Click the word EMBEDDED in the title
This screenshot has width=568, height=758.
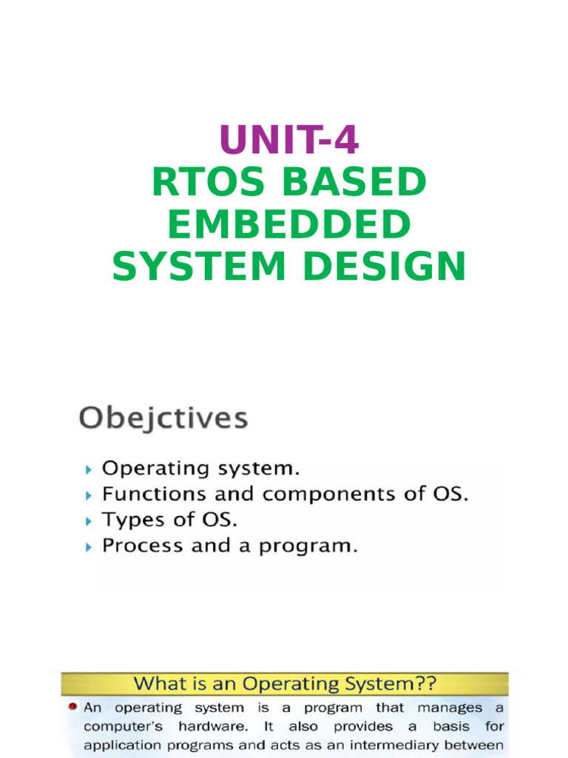click(x=288, y=225)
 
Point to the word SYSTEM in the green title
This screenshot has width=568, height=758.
click(x=199, y=267)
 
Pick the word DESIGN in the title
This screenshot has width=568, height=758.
click(x=383, y=267)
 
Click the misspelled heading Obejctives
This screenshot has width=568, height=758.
click(x=163, y=419)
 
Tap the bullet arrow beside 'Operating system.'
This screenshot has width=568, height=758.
click(x=89, y=469)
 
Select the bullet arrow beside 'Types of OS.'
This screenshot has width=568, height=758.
click(x=89, y=521)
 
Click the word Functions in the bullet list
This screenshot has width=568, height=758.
click(x=146, y=494)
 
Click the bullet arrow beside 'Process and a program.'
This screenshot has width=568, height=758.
click(x=89, y=547)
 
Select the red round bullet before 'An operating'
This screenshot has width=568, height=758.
click(x=73, y=707)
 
